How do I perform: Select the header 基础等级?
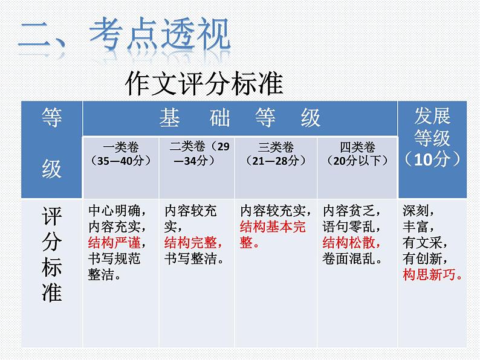(x=240, y=118)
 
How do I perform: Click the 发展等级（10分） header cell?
(x=432, y=138)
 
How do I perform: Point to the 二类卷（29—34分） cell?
(x=196, y=154)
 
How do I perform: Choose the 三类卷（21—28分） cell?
(x=276, y=154)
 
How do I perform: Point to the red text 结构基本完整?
(x=273, y=235)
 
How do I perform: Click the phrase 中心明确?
(x=117, y=211)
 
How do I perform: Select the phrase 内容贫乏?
(x=351, y=211)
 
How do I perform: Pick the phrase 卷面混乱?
(x=351, y=260)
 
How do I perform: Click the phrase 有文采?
(x=425, y=243)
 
